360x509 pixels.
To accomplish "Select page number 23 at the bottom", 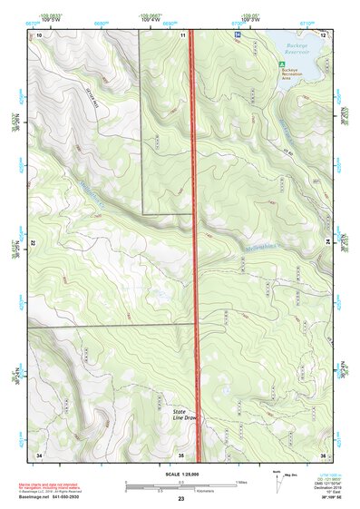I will (x=180, y=499).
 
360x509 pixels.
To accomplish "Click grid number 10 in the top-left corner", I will (x=39, y=34).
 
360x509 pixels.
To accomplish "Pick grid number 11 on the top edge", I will (x=183, y=34).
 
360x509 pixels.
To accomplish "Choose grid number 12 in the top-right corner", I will (x=322, y=34).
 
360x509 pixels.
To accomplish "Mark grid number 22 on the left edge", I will (x=33, y=244).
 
